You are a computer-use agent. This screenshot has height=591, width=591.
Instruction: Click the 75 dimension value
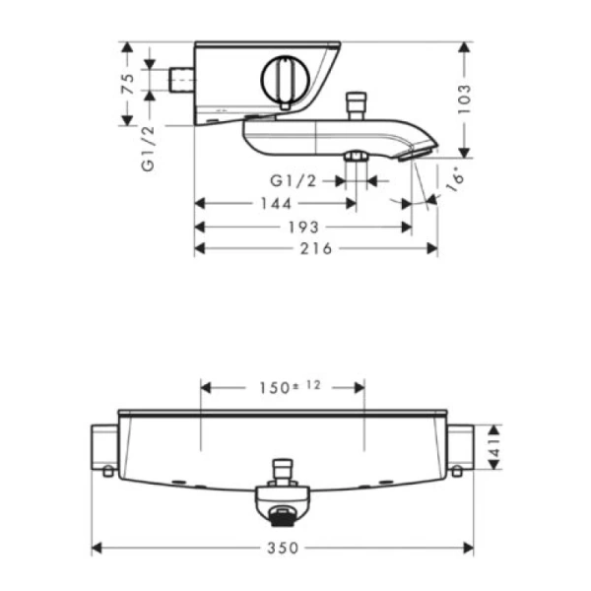point(127,85)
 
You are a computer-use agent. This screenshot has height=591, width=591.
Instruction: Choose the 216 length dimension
point(316,249)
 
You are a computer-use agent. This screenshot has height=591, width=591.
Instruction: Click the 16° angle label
point(454,179)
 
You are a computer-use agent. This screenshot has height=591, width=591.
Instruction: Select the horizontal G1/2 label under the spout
point(294,181)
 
